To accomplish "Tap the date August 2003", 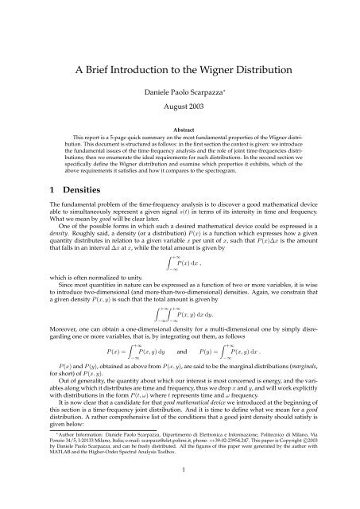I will (180, 97).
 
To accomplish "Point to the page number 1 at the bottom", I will (180, 492).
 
